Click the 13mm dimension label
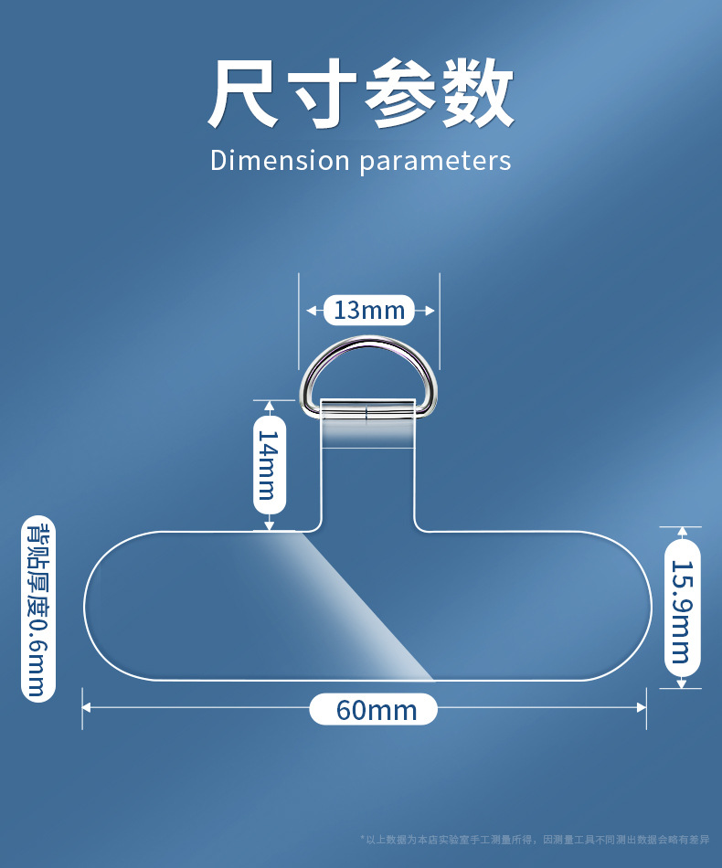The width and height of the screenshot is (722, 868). [369, 311]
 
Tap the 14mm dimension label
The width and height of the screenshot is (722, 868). [269, 464]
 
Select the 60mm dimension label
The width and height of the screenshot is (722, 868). [374, 710]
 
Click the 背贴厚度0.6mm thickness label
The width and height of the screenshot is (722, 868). [38, 609]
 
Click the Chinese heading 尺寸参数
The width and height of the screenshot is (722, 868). [360, 93]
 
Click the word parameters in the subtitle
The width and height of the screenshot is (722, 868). [435, 162]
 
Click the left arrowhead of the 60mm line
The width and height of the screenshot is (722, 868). [88, 706]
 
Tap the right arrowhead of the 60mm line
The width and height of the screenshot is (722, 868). [642, 706]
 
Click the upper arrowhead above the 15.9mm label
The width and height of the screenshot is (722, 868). [681, 532]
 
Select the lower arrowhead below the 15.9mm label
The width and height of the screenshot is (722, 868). [681, 683]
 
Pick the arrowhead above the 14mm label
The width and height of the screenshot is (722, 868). [269, 406]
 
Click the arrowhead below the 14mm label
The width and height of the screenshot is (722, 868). [269, 524]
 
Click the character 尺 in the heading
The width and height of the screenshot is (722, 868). [242, 93]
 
